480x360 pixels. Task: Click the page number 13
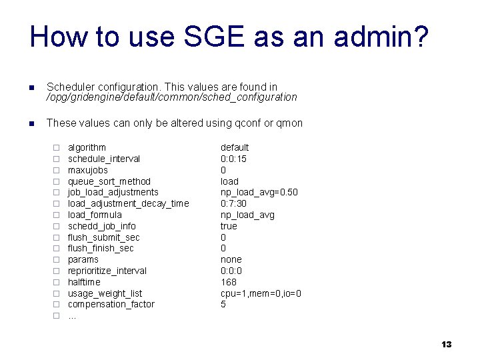tap(446, 344)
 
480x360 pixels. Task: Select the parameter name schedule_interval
tap(104, 159)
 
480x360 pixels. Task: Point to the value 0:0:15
tap(233, 159)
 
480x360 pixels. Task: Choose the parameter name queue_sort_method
tap(109, 181)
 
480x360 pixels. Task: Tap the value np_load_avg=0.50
tap(259, 192)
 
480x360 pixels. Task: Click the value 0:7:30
tap(233, 203)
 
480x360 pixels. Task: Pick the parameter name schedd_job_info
tap(102, 226)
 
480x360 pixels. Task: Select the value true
tap(229, 226)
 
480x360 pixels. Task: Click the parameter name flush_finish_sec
tap(101, 248)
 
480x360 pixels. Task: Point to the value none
tap(231, 259)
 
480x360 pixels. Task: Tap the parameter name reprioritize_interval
tap(107, 271)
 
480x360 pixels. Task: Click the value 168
tap(229, 282)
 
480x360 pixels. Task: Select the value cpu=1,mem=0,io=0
tap(261, 293)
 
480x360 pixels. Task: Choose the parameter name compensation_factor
tap(111, 304)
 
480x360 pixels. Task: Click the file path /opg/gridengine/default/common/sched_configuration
tap(171, 97)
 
